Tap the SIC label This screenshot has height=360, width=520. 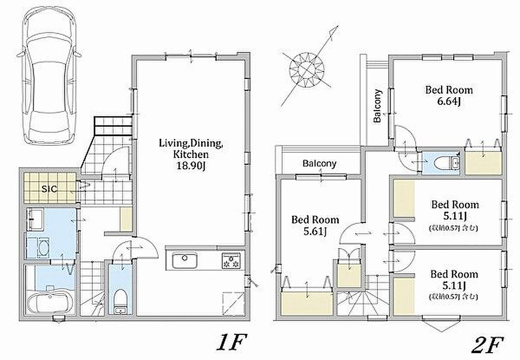(x=49, y=189)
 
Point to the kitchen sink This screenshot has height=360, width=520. (x=183, y=261)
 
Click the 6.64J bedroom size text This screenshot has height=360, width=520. (x=449, y=102)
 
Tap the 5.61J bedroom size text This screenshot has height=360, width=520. (x=315, y=231)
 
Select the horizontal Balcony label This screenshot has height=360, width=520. (x=319, y=163)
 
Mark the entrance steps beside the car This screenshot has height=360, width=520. (x=112, y=126)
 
